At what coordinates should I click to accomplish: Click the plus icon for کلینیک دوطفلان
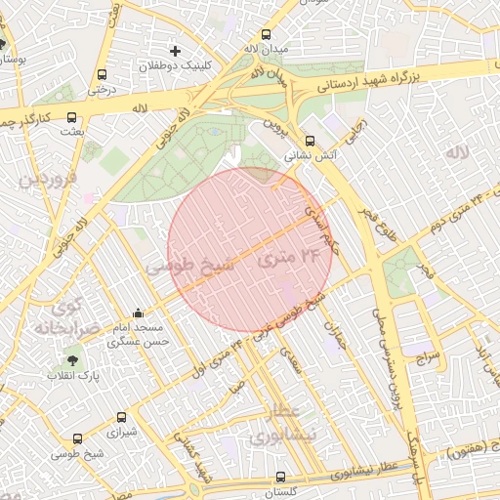176,50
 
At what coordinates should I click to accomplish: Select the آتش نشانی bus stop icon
311,141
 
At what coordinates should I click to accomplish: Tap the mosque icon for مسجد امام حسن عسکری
138,313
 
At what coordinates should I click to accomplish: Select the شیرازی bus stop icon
121,416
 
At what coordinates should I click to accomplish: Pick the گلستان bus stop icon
281,478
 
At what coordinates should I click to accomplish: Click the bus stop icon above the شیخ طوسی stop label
78,438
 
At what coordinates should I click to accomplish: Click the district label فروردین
44,181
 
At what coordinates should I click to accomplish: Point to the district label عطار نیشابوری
273,424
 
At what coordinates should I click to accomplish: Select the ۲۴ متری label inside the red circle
291,258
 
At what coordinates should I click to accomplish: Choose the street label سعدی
290,360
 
